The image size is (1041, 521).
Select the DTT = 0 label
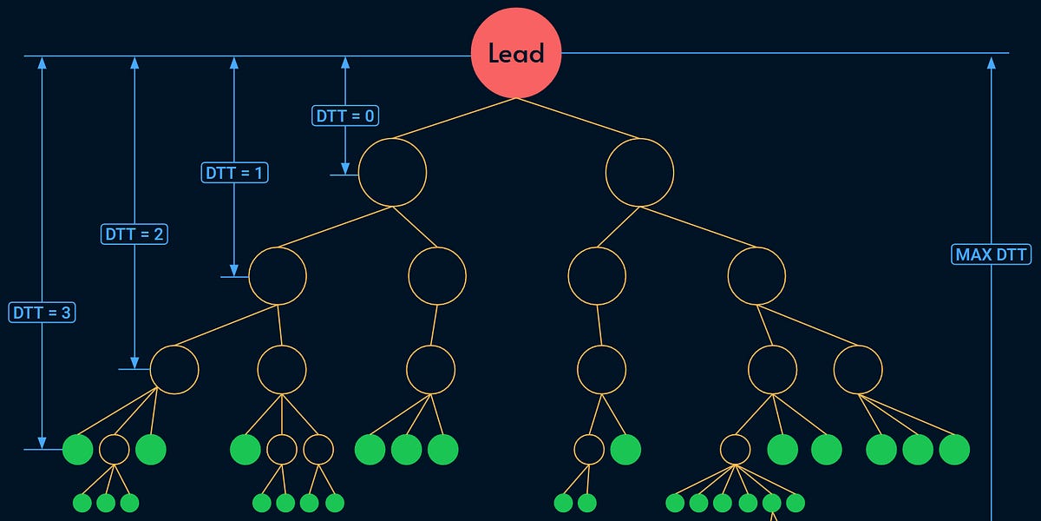point(345,115)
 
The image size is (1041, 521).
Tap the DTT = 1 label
point(234,173)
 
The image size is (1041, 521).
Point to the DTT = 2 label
point(134,234)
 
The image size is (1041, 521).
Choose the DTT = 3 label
point(42,313)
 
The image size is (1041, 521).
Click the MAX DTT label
point(992,254)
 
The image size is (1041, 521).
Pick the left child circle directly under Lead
point(392,172)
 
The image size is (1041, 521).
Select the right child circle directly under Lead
point(639,172)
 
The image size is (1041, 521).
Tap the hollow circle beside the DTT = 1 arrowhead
point(278,275)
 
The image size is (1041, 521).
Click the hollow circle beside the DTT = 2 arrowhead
point(174,369)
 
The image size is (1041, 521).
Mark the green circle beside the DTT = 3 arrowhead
point(78,449)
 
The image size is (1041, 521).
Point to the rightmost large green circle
point(954,449)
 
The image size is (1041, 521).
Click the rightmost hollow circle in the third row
point(858,369)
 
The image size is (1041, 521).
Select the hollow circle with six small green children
point(735,449)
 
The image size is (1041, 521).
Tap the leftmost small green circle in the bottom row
point(82,502)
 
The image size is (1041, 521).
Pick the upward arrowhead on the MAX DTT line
point(992,63)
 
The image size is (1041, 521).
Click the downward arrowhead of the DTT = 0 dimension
point(345,168)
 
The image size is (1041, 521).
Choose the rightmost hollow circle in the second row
point(756,275)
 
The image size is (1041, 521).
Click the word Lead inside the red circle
point(516,53)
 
